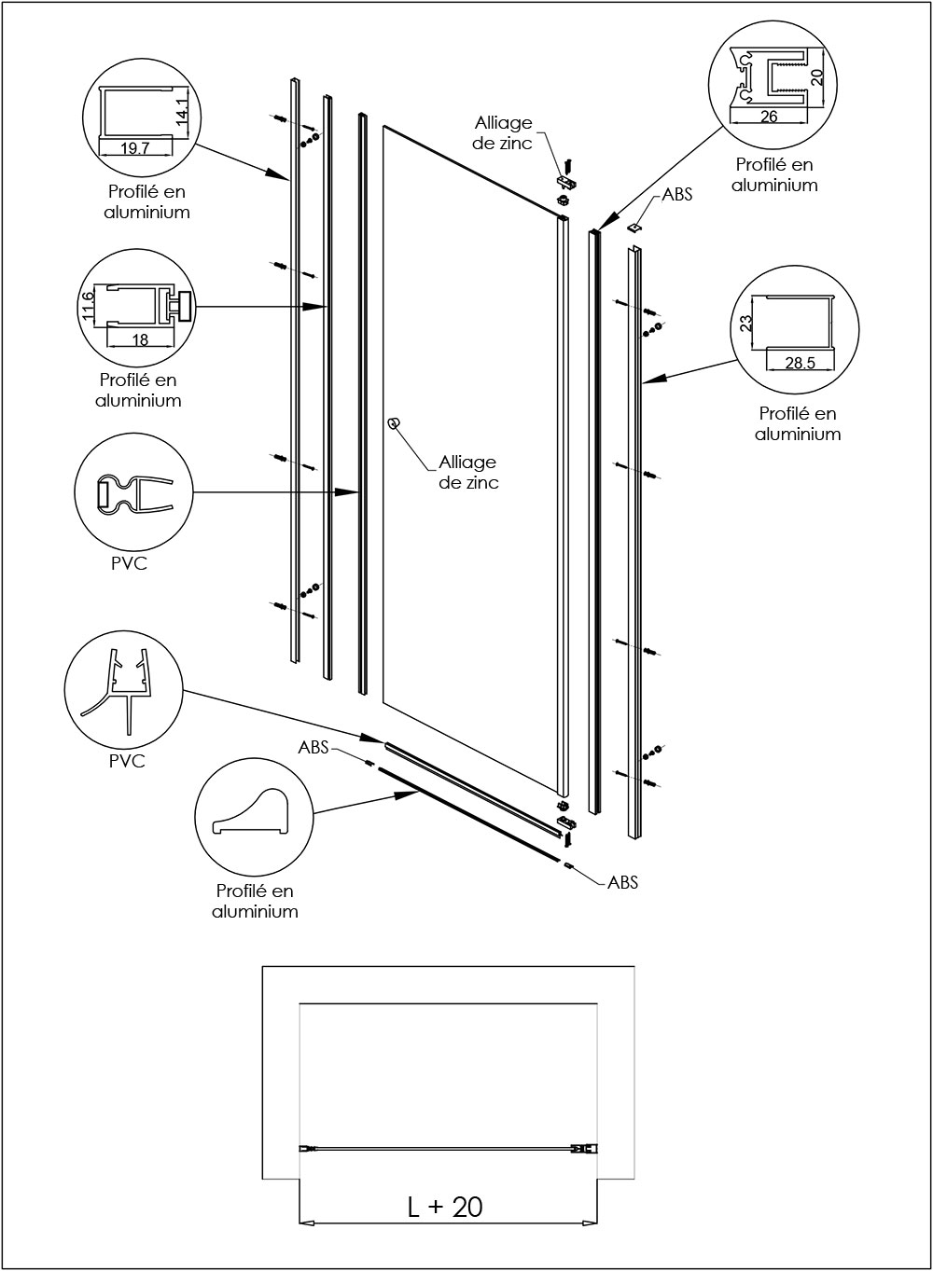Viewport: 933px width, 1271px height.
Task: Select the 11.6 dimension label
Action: tap(89, 306)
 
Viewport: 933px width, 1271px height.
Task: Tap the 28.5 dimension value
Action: tap(800, 363)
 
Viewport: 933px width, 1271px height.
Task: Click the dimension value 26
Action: tap(769, 117)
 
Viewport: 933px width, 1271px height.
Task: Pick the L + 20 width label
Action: tap(445, 1206)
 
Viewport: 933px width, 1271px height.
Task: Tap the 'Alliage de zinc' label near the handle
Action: tap(468, 472)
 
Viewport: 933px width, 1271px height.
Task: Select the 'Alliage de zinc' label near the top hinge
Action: tap(503, 132)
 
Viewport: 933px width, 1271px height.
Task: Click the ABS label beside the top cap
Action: tap(676, 197)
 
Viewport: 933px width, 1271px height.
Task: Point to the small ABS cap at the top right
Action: tap(636, 225)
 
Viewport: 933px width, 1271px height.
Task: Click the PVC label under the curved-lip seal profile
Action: tap(127, 761)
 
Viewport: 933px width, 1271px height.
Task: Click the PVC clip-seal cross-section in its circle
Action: tap(131, 495)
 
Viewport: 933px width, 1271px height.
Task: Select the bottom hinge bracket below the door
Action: tap(565, 821)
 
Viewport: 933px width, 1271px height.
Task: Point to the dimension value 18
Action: tap(140, 340)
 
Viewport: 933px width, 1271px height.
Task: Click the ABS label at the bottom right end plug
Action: tap(622, 881)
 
